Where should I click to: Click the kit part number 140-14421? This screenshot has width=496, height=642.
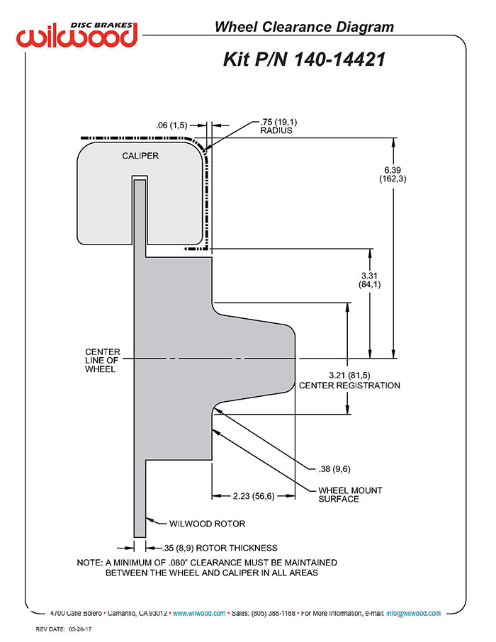[x=304, y=59]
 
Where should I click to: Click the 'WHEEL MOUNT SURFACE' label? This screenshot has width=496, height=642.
[x=349, y=494]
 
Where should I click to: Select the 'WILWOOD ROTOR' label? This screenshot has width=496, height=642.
[x=207, y=524]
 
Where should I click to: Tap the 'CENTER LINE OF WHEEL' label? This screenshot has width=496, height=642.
[x=103, y=360]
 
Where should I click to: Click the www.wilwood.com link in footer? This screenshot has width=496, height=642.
[x=199, y=614]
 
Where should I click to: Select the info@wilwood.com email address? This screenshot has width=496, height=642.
[x=412, y=614]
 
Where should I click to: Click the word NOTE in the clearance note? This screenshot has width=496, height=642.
[x=90, y=562]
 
